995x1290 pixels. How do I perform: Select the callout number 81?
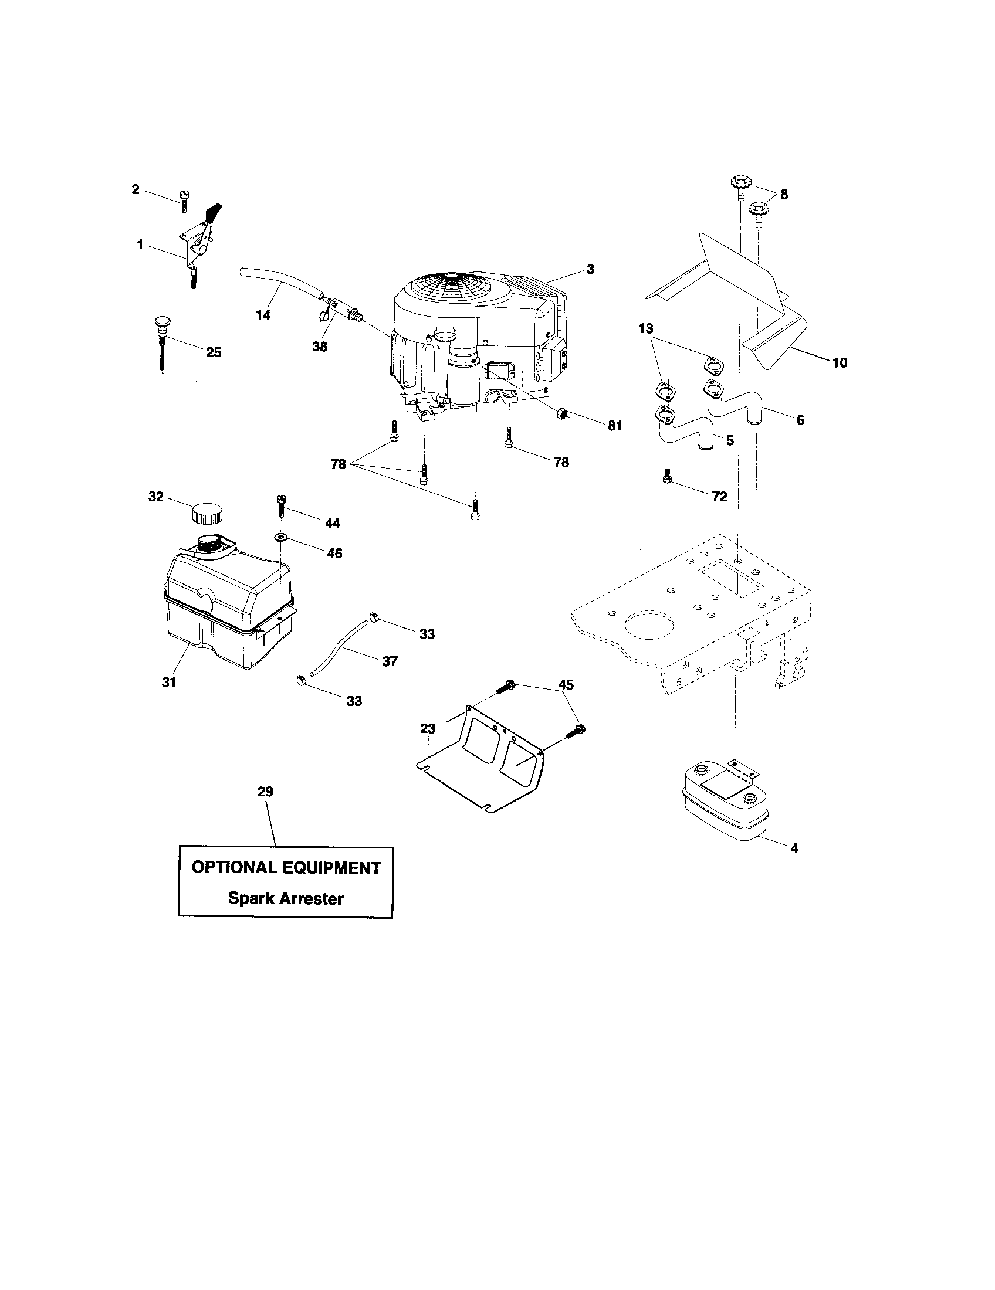615,426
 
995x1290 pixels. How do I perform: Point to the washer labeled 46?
280,537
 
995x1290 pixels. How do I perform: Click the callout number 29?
265,792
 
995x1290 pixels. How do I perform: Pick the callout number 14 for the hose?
263,315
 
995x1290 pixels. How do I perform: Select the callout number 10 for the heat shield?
840,362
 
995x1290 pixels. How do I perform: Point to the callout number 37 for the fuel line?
390,661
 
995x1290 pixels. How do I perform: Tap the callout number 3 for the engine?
590,269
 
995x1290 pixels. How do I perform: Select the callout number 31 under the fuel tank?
169,682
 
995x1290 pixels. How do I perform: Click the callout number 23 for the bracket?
428,728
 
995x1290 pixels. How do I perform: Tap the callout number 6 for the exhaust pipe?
800,420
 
